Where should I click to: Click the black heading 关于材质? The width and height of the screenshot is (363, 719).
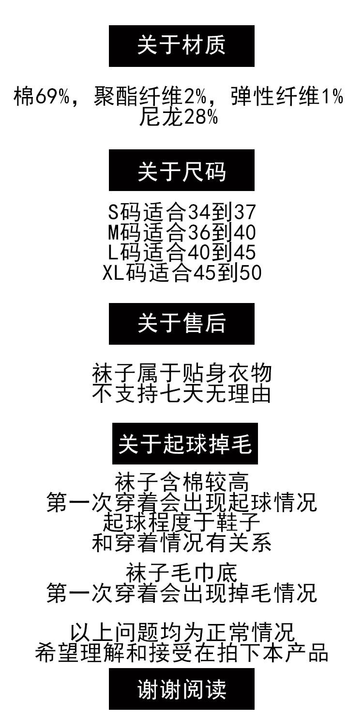[181, 46]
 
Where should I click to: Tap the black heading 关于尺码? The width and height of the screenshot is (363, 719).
[181, 171]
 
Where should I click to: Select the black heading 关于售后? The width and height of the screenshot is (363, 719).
[181, 324]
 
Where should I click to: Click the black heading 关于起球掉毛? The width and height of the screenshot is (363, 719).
[185, 444]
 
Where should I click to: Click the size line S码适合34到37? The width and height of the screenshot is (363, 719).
[181, 213]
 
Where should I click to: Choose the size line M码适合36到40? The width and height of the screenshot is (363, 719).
[181, 233]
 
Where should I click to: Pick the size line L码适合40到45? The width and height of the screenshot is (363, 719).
[181, 253]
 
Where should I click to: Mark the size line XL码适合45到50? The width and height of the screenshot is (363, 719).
[181, 273]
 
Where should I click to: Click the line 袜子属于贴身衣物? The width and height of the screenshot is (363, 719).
[181, 374]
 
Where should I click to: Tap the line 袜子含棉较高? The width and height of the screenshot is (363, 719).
[181, 483]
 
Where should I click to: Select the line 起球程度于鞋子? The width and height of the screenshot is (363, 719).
[181, 523]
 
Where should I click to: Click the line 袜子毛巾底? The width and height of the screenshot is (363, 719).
[181, 573]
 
